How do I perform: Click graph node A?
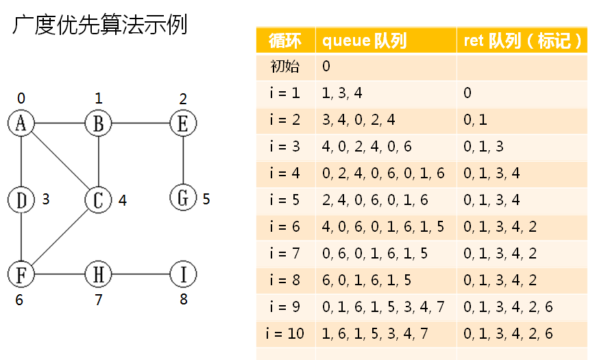coord(21,123)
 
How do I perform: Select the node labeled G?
coord(182,198)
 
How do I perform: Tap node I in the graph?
coord(182,274)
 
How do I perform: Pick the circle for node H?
coord(98,274)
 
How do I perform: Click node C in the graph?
coord(98,200)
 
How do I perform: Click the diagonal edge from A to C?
coord(60,161)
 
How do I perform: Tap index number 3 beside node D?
coord(46,200)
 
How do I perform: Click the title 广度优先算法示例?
coord(100,26)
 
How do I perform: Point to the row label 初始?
coord(285,67)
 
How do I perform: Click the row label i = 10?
coord(285,334)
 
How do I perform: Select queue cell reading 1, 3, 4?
coord(343,93)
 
